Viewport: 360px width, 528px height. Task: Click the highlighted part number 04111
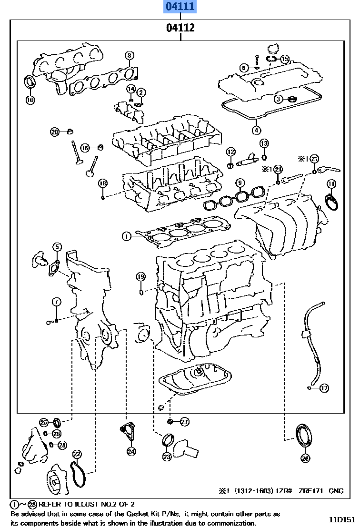[x=180, y=7]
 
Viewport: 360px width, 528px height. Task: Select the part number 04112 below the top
[x=180, y=28]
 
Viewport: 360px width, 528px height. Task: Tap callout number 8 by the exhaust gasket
[x=129, y=56]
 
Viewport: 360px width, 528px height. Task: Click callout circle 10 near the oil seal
[x=30, y=100]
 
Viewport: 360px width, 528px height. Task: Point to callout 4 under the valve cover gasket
[x=256, y=130]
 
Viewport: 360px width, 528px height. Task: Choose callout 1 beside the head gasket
[x=126, y=235]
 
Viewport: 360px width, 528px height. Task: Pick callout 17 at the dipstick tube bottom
[x=324, y=388]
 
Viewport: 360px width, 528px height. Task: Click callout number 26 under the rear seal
[x=305, y=458]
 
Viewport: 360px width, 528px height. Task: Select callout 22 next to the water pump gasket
[x=77, y=454]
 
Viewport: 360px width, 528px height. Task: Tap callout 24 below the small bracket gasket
[x=131, y=450]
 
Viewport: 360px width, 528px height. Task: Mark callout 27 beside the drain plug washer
[x=184, y=421]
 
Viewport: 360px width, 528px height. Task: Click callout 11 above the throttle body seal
[x=331, y=184]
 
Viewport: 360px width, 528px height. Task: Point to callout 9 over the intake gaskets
[x=240, y=183]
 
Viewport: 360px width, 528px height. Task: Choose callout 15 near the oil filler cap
[x=284, y=59]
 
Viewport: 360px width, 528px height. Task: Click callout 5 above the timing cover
[x=57, y=246]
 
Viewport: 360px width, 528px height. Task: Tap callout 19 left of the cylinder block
[x=140, y=276]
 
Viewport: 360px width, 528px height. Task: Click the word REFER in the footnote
[x=50, y=504]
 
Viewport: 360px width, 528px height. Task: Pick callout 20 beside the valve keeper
[x=55, y=132]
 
